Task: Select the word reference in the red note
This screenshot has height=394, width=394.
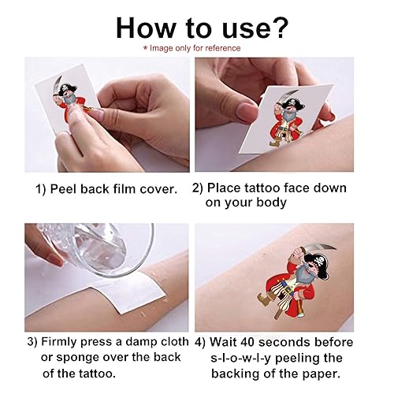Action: (221, 48)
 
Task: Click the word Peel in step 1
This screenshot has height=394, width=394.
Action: (72, 189)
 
